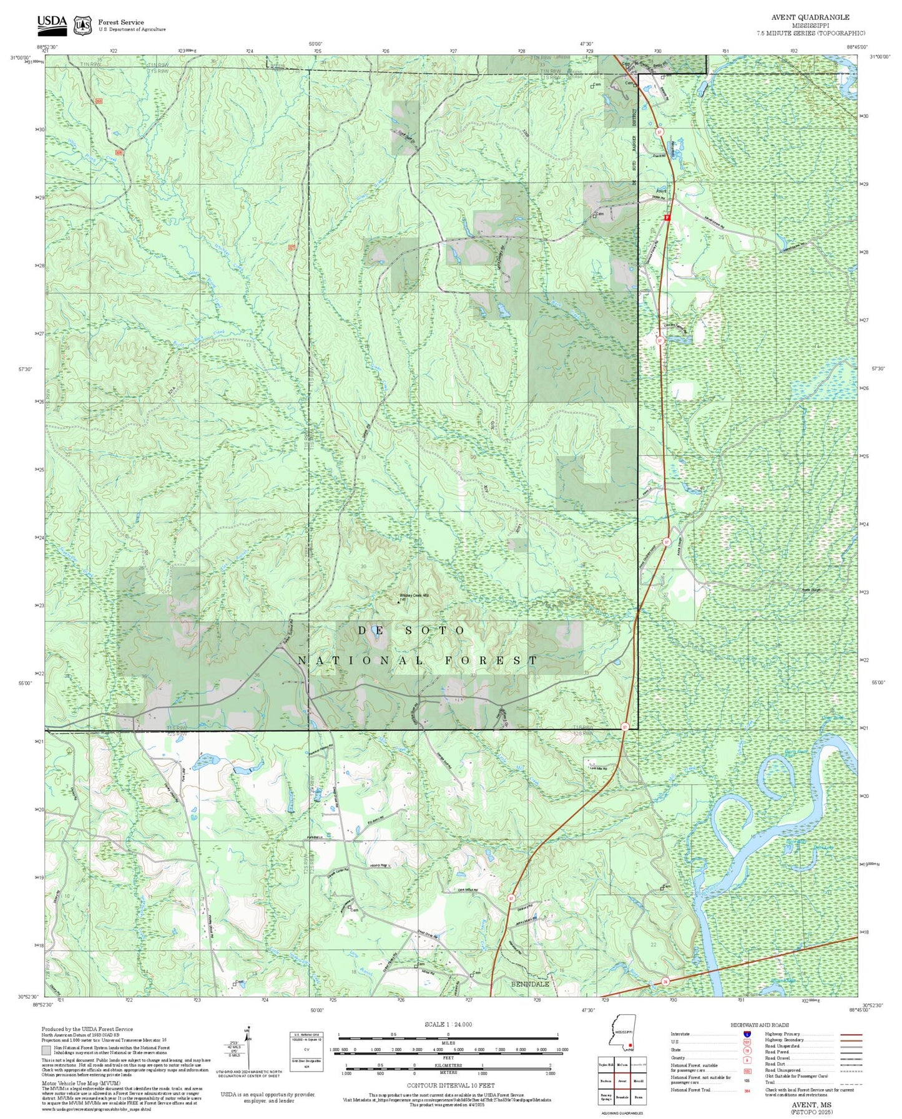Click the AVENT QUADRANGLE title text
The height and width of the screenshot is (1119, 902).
click(x=810, y=17)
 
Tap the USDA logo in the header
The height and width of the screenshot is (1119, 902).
click(x=51, y=23)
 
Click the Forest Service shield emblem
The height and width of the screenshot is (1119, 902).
click(x=82, y=25)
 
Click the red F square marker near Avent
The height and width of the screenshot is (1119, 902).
click(x=667, y=218)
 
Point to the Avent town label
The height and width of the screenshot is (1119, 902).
click(x=661, y=191)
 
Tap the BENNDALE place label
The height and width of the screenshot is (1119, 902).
click(x=530, y=984)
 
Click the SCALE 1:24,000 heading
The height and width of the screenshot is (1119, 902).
click(x=448, y=1024)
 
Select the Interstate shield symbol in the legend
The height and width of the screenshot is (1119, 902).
click(x=747, y=1034)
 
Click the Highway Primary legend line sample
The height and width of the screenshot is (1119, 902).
click(x=851, y=1034)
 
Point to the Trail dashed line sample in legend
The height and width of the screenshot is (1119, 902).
click(x=851, y=1082)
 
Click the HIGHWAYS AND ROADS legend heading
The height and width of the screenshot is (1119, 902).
click(x=759, y=1025)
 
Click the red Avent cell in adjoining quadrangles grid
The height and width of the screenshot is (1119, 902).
click(x=622, y=1081)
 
